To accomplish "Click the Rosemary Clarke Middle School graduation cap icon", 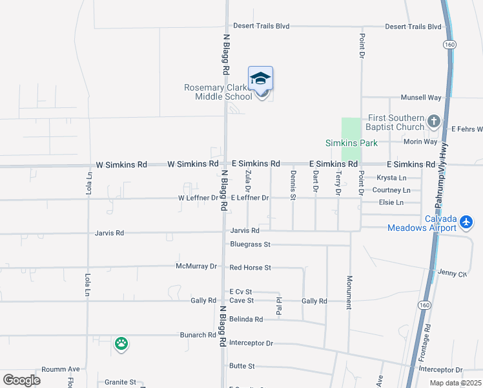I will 260,78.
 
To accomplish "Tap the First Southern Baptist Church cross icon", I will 434,120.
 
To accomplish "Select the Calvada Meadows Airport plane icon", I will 468,222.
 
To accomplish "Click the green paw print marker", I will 121,343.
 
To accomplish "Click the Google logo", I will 21,380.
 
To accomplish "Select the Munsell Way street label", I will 421,97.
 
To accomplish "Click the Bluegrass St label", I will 250,244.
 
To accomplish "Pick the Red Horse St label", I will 250,267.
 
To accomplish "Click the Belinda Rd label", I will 246,319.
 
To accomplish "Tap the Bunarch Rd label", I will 198,335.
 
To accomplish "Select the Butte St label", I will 242,366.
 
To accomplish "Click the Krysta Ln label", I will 392,178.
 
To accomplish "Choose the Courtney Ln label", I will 391,190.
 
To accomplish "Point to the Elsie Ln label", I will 391,202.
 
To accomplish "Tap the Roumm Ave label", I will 60,369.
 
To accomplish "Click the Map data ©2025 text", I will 455,383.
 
